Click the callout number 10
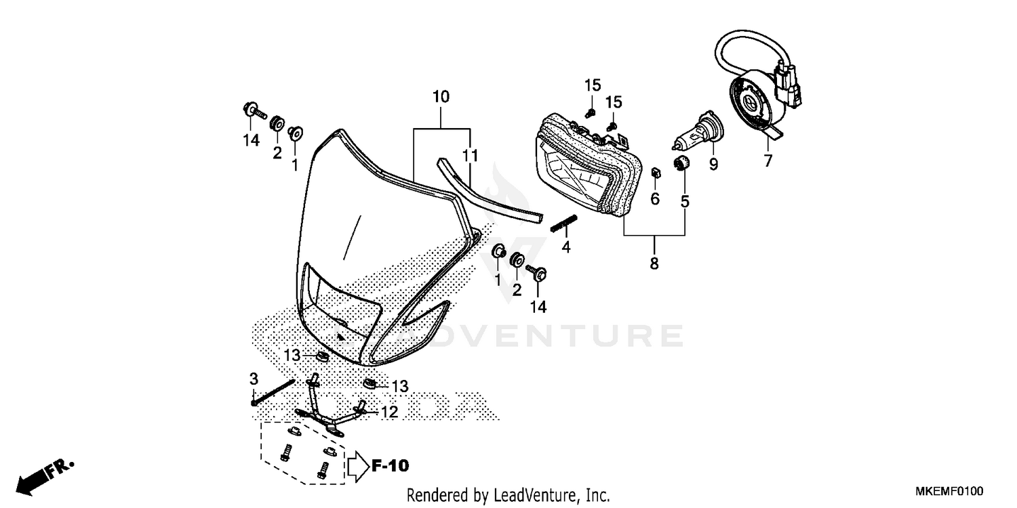click(441, 97)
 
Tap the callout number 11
click(470, 156)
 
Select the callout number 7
click(767, 161)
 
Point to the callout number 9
click(713, 164)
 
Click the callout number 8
click(654, 263)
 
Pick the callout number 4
click(566, 248)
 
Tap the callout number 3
click(254, 377)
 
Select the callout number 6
click(655, 198)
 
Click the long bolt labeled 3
click(273, 391)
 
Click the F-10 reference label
click(390, 466)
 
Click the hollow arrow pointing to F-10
click(357, 467)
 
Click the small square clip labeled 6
click(655, 172)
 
